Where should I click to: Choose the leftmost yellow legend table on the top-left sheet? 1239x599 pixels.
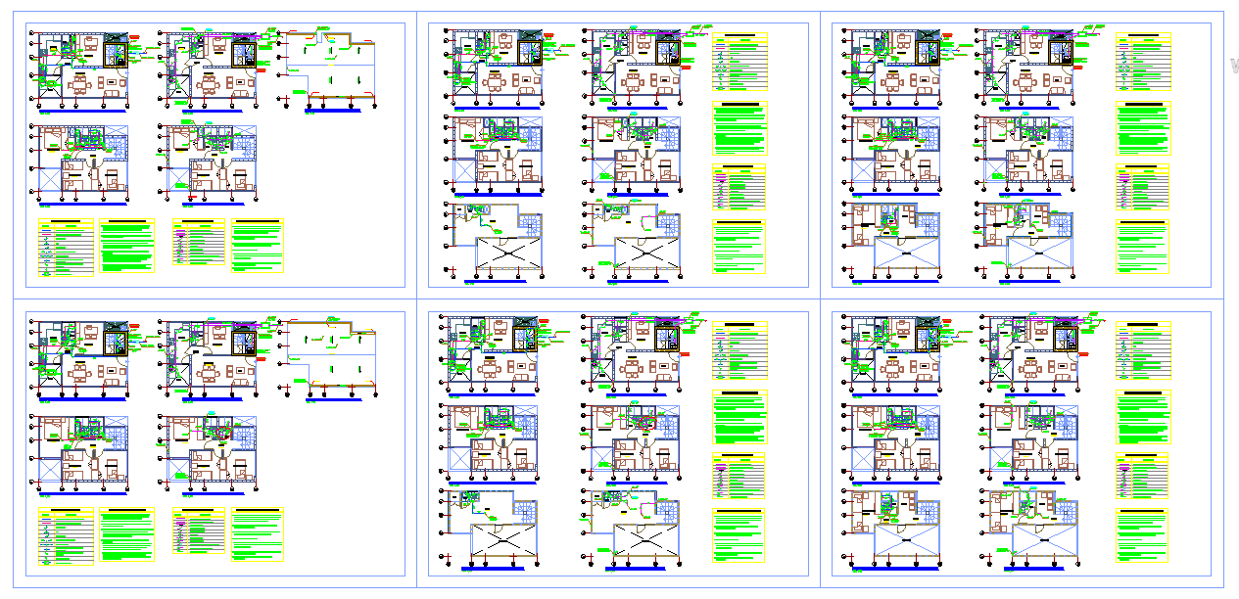click(67, 249)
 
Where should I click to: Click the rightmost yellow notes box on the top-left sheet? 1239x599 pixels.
click(258, 245)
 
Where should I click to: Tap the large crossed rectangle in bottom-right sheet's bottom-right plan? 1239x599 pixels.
click(1042, 541)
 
